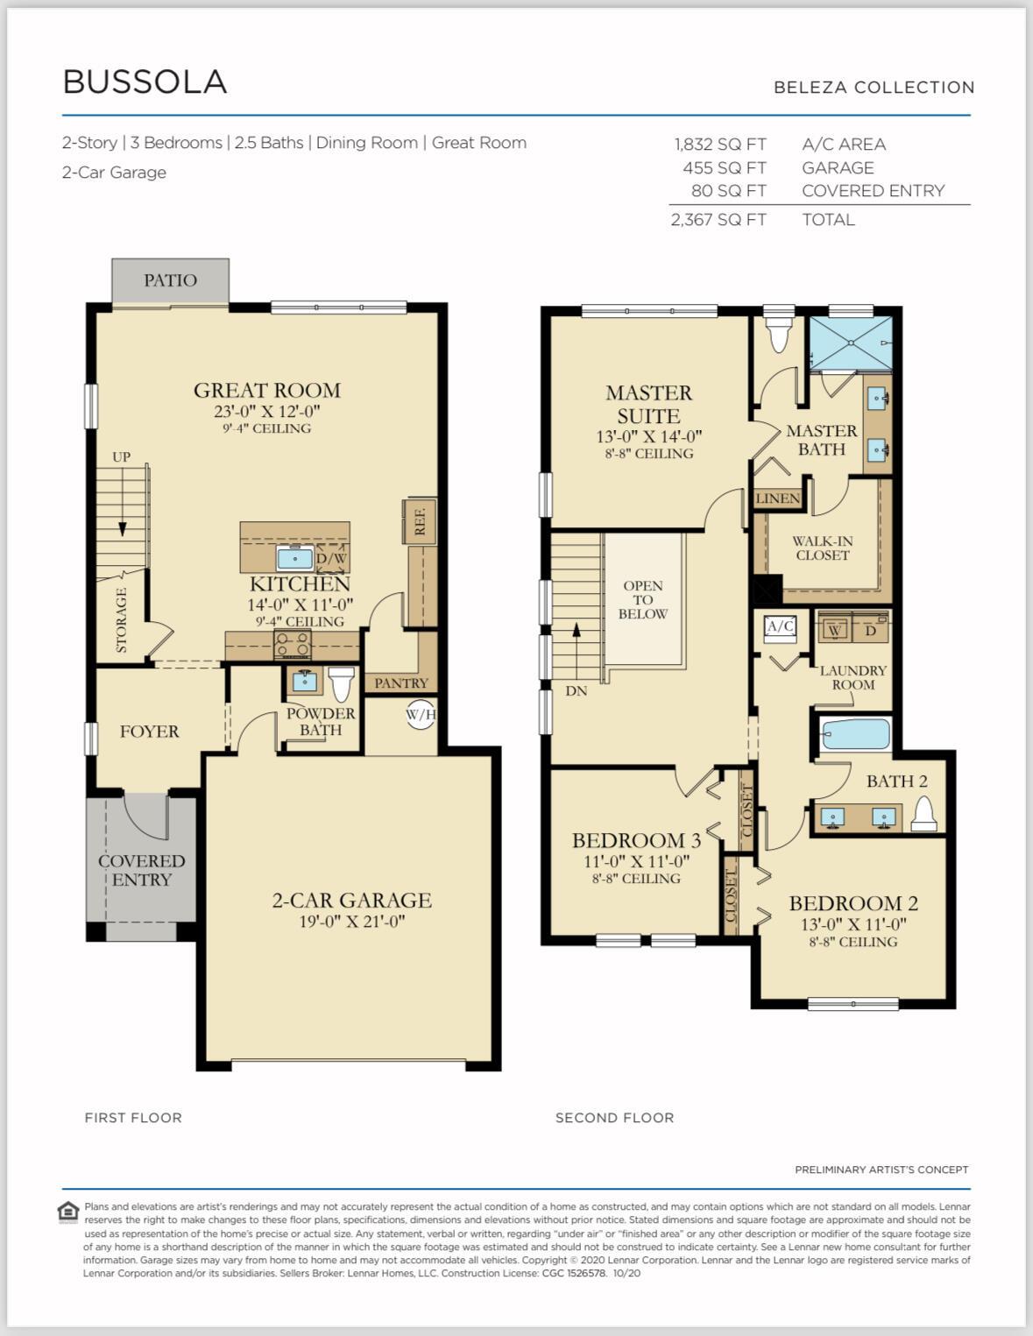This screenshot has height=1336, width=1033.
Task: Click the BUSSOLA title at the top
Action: (145, 81)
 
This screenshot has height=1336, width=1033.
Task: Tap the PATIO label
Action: (170, 280)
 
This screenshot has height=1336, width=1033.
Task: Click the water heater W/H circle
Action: (421, 714)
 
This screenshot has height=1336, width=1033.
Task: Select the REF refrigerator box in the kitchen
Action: (420, 521)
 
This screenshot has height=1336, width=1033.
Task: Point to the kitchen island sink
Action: (295, 558)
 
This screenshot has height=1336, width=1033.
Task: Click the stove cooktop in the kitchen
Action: (293, 645)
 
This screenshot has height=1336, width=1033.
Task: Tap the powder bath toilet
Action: (341, 683)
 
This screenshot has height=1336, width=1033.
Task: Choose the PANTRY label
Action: (401, 683)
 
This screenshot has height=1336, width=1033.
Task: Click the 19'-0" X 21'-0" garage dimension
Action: (351, 921)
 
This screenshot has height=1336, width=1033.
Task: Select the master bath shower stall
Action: (851, 343)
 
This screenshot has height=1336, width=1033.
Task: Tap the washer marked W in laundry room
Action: (834, 630)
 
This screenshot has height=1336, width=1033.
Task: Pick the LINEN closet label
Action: (778, 498)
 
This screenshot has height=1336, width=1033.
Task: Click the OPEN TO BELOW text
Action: (642, 599)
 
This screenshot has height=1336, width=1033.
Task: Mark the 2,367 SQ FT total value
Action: (718, 220)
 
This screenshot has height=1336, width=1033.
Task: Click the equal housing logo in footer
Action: (68, 1212)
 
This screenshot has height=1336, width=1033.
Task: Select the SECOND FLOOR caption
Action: (614, 1118)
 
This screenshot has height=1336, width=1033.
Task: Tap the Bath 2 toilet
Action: (923, 814)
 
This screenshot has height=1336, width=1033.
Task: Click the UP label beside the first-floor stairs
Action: (121, 456)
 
